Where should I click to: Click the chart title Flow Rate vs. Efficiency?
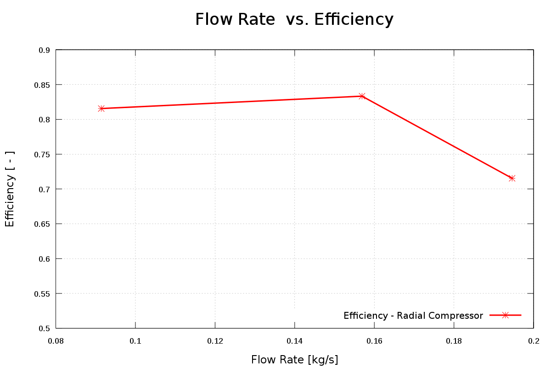click(294, 20)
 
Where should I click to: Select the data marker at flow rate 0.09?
click(101, 109)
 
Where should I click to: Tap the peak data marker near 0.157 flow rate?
click(362, 96)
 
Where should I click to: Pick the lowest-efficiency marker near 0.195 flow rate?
click(512, 178)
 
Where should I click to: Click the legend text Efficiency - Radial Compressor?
click(413, 316)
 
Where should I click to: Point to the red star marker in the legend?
click(505, 315)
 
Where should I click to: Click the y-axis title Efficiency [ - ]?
click(10, 189)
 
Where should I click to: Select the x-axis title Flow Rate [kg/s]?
click(294, 359)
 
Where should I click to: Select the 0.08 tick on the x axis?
click(56, 341)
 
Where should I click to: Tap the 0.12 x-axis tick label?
click(215, 341)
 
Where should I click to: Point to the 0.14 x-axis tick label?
click(294, 341)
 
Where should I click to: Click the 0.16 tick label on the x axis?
click(374, 341)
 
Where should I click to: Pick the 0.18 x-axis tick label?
click(454, 341)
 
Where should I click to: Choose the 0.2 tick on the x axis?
click(533, 341)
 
